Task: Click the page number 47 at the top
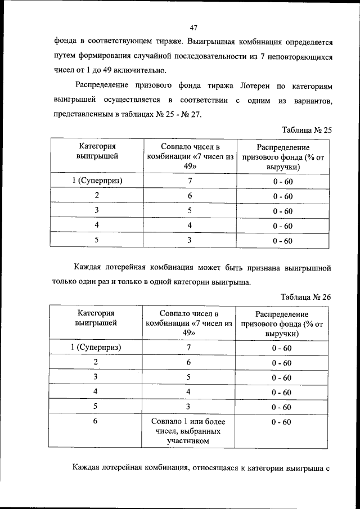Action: (x=193, y=27)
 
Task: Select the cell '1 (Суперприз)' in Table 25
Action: (x=97, y=181)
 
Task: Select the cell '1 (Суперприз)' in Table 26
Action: (x=97, y=348)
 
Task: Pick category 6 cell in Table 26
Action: (x=97, y=421)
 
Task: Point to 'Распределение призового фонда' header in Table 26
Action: (x=282, y=323)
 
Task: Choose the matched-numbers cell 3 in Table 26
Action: (x=190, y=406)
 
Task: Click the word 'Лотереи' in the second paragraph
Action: (x=256, y=85)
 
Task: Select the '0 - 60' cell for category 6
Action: (x=282, y=422)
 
